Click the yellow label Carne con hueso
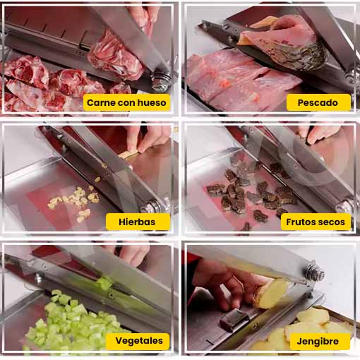pos(126,102)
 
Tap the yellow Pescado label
pos(318,102)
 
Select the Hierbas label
pos(138,222)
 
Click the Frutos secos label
pos(316,222)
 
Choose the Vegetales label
pos(138,341)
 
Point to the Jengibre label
pos(318,341)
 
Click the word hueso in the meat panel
pos(152,102)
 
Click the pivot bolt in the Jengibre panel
pos(316,272)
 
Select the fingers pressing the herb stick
pos(146,139)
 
